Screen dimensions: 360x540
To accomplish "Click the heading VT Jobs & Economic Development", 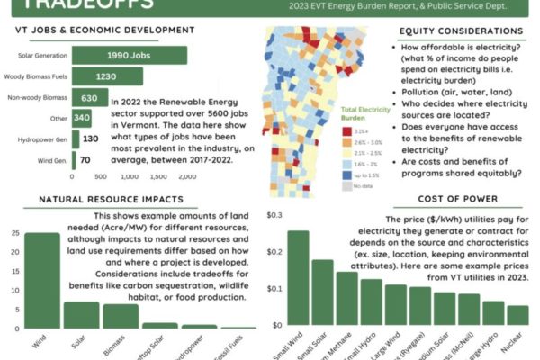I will coord(104,31).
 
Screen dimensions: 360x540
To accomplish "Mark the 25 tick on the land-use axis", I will coord(13,234).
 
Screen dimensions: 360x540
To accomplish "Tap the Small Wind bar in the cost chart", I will coord(298,277).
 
